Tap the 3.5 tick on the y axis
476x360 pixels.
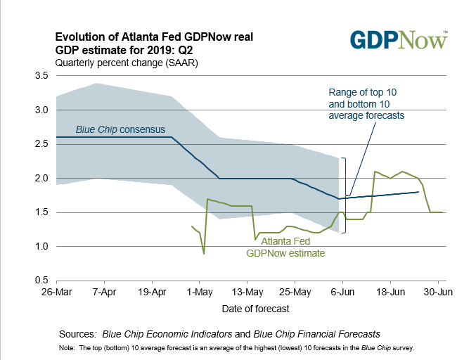coord(41,75)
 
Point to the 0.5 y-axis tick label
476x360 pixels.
coord(41,281)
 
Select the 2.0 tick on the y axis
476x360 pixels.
coord(41,178)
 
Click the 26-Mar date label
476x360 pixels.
coord(56,291)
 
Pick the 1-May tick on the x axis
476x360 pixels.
coord(201,291)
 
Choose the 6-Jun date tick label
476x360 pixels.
coord(342,291)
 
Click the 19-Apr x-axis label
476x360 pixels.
coord(152,291)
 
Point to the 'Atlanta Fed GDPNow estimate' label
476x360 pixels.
coord(285,247)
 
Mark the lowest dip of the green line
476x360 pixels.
coord(204,253)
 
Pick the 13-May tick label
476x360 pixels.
coord(247,291)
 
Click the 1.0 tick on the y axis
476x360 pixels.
coord(41,246)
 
